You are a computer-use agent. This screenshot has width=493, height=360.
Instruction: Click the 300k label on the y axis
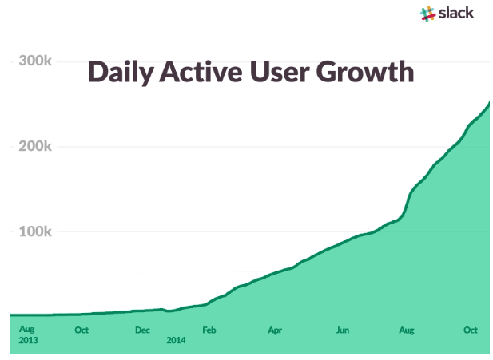pos(35,61)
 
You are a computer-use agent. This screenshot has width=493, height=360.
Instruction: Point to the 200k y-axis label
pos(35,147)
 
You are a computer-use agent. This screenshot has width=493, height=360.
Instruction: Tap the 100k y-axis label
pos(35,232)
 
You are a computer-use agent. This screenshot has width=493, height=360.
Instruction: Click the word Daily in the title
pos(119,72)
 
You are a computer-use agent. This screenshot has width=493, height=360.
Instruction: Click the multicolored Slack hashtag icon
pos(427,13)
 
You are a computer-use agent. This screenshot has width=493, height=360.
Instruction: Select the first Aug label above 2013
pos(26,329)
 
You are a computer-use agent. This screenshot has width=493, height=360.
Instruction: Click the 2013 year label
pos(27,340)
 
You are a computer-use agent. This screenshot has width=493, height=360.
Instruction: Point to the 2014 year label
pos(176,340)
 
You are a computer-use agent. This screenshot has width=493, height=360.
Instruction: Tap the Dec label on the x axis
pos(142,329)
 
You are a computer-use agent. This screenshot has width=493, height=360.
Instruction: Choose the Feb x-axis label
pos(209,329)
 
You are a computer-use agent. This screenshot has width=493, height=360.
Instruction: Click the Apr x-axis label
pos(275,329)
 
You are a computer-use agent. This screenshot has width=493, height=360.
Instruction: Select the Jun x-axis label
pos(342,329)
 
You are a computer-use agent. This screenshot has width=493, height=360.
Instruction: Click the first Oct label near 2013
pos(82,329)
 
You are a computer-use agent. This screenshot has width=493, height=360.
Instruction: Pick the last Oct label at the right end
pos(471,329)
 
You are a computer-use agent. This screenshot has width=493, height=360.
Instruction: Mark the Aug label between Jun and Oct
pos(406,329)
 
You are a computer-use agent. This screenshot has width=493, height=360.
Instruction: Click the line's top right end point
pos(489,102)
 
